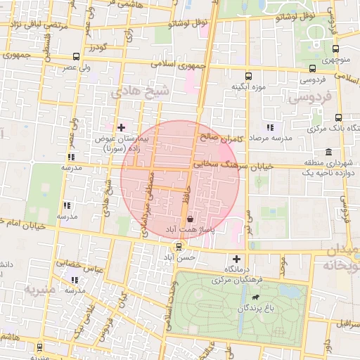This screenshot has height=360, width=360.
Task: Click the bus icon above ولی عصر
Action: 76,56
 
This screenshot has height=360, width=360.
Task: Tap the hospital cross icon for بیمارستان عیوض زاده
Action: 122,127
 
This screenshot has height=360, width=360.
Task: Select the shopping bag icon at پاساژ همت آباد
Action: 191,219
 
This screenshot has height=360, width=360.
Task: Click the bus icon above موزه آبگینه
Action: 247,76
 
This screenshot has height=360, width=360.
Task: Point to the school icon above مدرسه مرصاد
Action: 270,127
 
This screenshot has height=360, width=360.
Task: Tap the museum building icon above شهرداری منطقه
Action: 328,153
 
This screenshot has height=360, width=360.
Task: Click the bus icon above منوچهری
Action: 335,49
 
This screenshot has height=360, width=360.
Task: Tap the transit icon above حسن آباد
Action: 179,247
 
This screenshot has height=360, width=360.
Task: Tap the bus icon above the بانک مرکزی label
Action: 339,117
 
